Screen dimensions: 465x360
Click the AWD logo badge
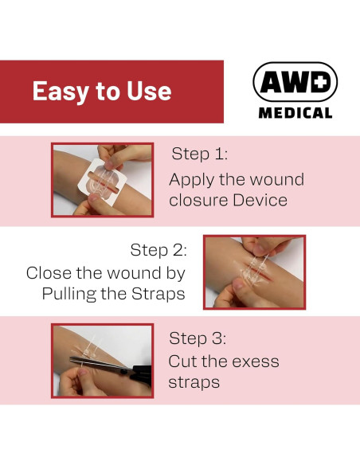[x=295, y=82]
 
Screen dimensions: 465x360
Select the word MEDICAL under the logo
[x=295, y=112]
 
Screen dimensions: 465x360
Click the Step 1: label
[x=200, y=154]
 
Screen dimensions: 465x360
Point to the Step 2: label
[x=158, y=250]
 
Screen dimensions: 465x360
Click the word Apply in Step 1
[x=191, y=179]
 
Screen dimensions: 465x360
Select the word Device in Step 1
[x=260, y=200]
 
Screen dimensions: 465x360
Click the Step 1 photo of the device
[x=102, y=180]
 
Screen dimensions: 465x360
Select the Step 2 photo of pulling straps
[x=254, y=271]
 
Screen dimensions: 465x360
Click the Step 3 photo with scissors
[x=102, y=360]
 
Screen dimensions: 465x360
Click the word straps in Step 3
[x=194, y=382]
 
